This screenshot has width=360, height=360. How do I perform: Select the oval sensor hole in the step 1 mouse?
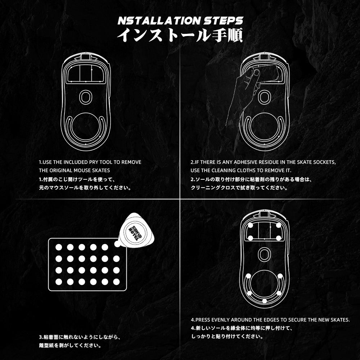[85, 97]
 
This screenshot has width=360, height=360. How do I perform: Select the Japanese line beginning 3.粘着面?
[80, 338]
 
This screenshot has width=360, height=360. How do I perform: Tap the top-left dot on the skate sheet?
[59, 247]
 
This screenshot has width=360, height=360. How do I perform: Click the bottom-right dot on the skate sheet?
[116, 282]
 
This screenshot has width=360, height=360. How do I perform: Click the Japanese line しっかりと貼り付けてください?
[226, 337]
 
